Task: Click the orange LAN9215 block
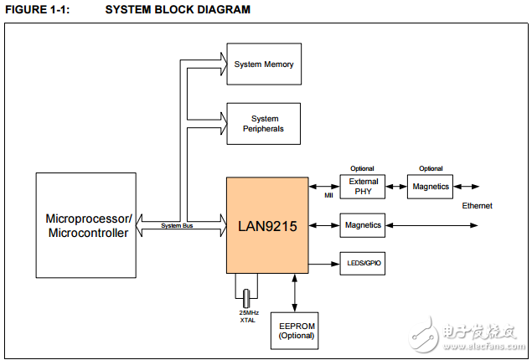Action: [267, 224]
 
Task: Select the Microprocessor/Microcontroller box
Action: [86, 225]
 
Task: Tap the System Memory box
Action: [263, 64]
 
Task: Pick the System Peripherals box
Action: [263, 124]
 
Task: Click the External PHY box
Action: [363, 187]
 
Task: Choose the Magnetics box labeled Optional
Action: [431, 187]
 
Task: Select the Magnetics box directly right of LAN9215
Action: [363, 225]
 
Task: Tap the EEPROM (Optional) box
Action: [297, 331]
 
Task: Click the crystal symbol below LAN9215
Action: [246, 296]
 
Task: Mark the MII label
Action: [328, 197]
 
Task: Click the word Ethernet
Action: [477, 206]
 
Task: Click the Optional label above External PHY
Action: [362, 168]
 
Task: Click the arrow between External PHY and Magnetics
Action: [396, 187]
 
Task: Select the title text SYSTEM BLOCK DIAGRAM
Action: [178, 10]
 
